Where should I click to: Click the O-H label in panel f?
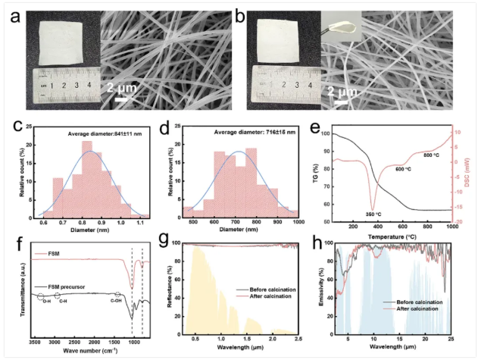[47, 301]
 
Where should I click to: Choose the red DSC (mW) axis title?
[471, 175]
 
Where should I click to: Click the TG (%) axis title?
[323, 175]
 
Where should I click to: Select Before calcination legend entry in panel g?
[261, 289]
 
